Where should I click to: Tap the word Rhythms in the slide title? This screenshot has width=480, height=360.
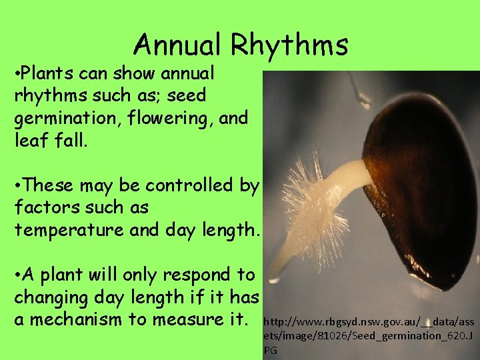pyautogui.click(x=289, y=45)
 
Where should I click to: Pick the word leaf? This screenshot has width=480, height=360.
pyautogui.click(x=28, y=141)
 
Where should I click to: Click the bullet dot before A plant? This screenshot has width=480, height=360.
pyautogui.click(x=17, y=274)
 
